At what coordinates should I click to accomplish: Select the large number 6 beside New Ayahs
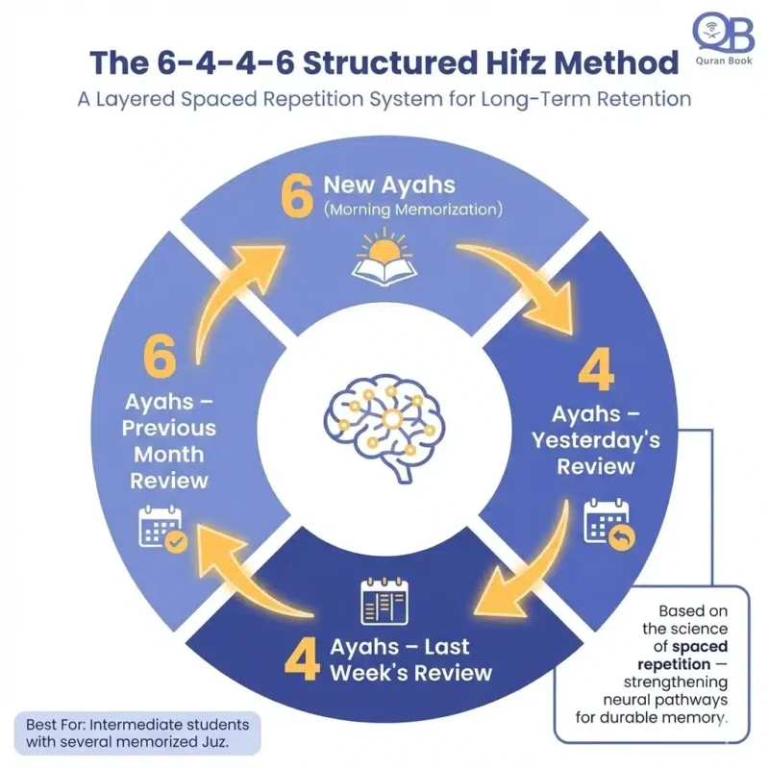297,195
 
